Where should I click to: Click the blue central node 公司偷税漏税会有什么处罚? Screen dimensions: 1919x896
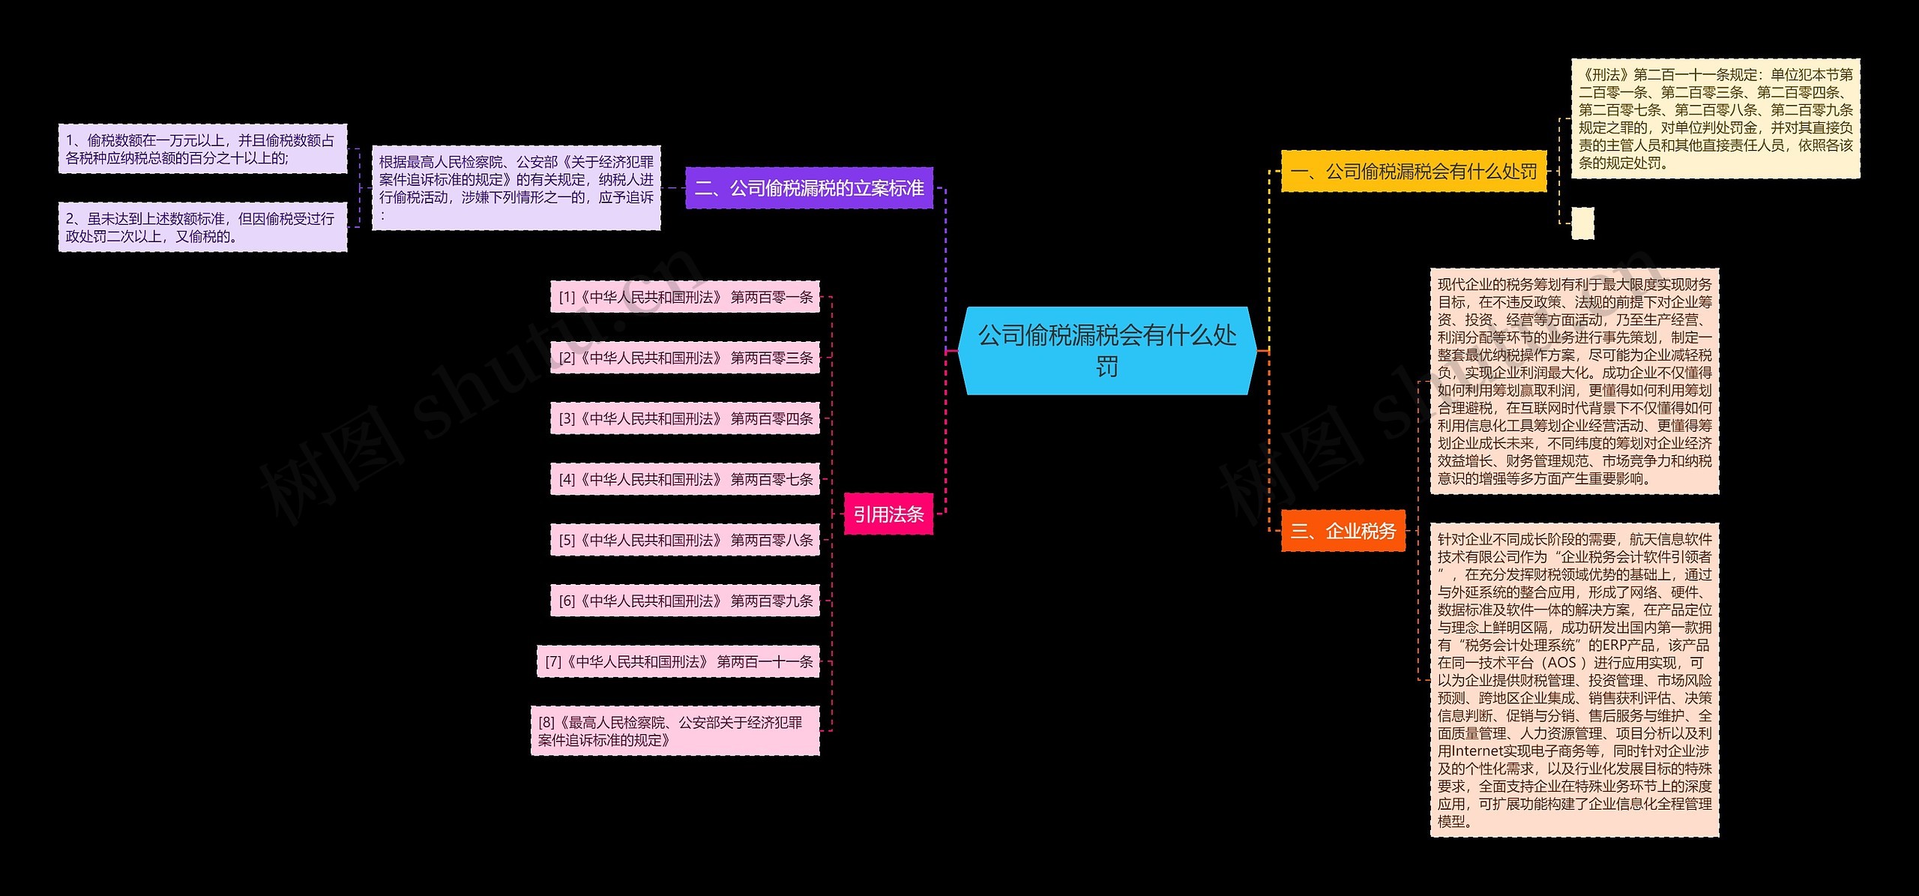(1107, 350)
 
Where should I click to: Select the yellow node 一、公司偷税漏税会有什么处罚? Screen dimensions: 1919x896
(1413, 172)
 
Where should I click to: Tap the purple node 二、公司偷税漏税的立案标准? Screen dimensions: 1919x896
(809, 187)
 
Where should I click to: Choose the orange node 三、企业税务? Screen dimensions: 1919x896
(1343, 531)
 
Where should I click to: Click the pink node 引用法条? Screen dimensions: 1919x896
(888, 514)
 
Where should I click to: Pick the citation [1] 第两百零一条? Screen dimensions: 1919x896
(685, 297)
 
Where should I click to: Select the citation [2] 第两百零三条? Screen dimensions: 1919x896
(685, 358)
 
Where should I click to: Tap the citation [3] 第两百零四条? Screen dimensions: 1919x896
(685, 418)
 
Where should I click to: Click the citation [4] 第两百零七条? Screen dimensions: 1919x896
(685, 479)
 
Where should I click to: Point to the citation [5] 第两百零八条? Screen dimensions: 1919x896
(685, 540)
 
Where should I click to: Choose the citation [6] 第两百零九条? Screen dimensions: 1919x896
(685, 601)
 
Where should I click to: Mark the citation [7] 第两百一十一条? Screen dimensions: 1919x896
(678, 661)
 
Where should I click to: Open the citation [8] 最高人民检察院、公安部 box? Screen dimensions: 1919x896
(675, 731)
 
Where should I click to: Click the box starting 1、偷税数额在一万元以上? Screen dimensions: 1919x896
(202, 149)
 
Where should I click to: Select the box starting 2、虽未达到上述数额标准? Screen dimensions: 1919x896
(202, 227)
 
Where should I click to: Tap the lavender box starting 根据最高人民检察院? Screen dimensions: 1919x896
(516, 188)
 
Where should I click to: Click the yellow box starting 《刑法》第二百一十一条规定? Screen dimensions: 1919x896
(1715, 118)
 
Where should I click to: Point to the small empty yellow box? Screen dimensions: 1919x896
(1582, 223)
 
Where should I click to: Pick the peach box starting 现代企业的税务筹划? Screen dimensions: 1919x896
(1574, 381)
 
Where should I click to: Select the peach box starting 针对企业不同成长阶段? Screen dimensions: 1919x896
(1574, 680)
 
